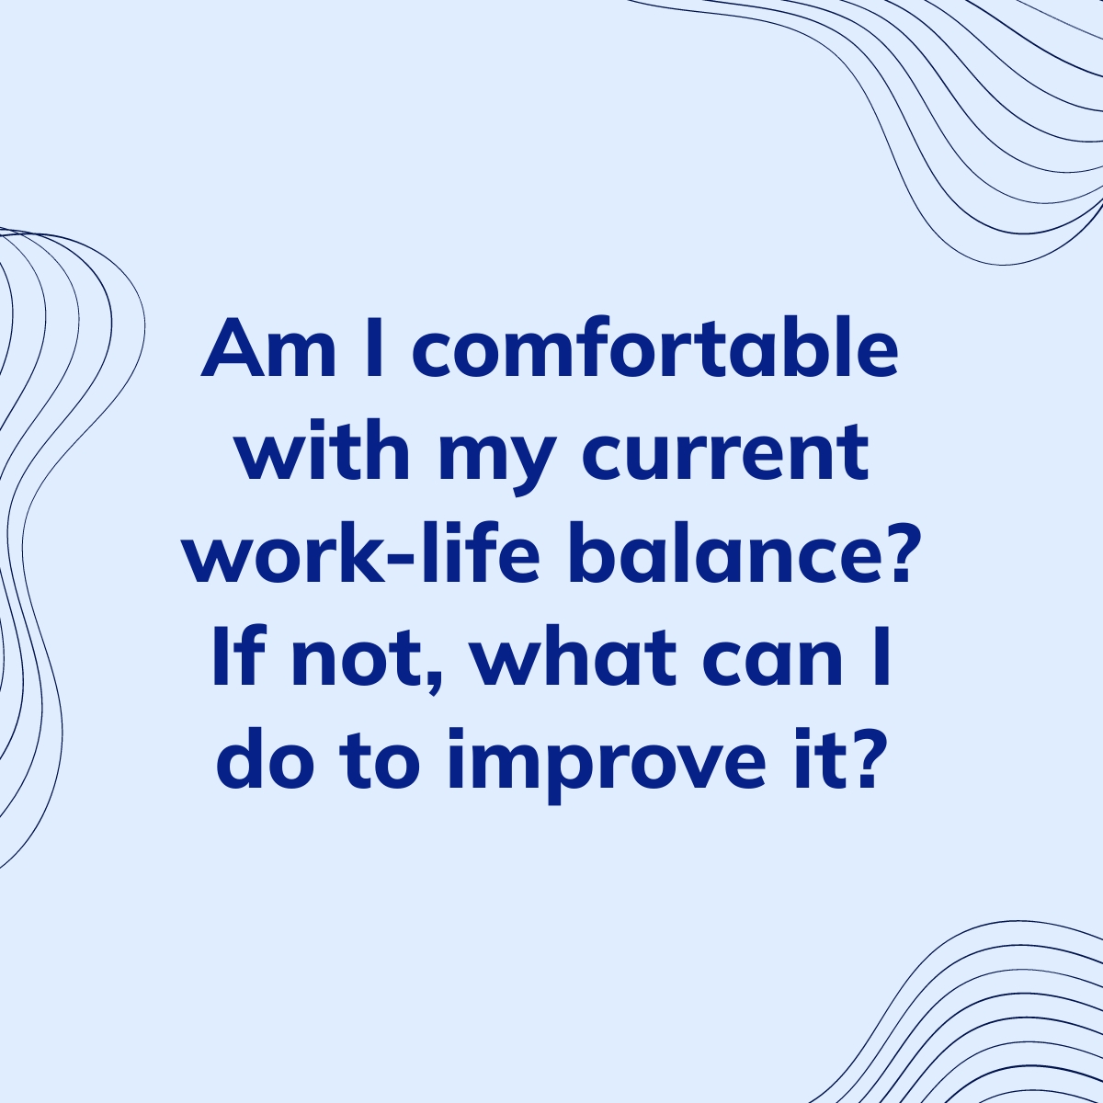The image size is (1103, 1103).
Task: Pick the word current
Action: click(x=727, y=455)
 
